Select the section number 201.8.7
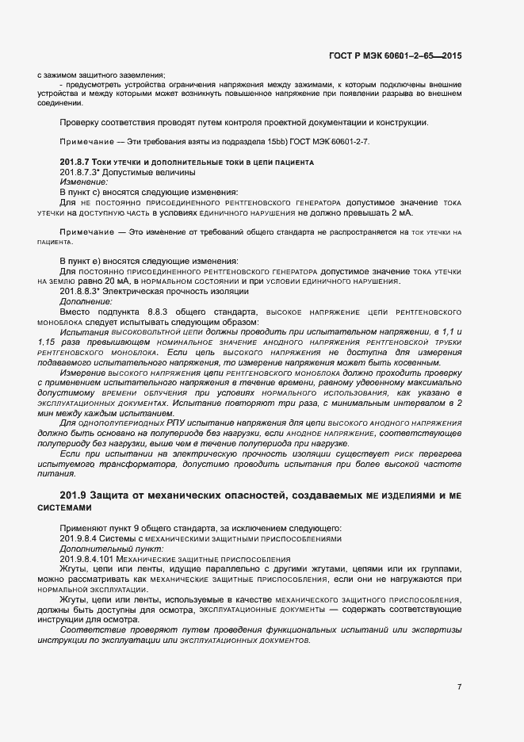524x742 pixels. [x=76, y=162]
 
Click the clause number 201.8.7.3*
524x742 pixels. [x=80, y=172]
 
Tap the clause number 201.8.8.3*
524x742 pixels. [x=80, y=292]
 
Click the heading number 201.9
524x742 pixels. [x=73, y=495]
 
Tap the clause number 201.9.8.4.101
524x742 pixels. [x=89, y=559]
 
